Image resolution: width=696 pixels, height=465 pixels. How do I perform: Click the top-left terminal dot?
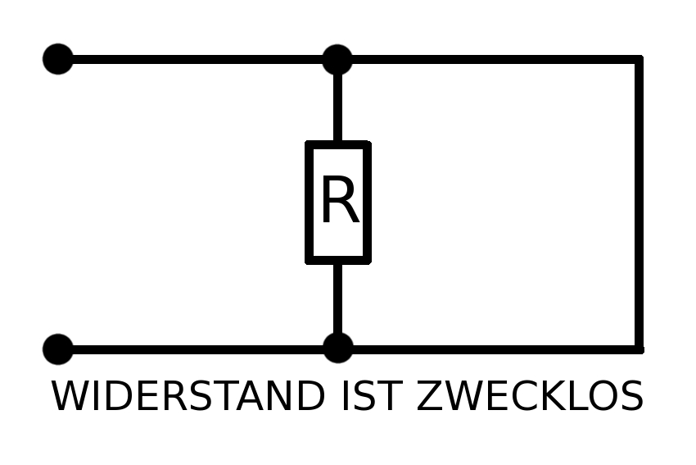[x=57, y=59]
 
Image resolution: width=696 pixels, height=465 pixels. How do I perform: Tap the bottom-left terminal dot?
[x=57, y=349]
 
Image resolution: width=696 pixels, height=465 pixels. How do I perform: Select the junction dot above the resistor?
[x=337, y=59]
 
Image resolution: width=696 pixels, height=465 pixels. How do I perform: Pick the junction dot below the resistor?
[x=337, y=348]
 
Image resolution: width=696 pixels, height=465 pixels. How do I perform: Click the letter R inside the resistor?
[x=338, y=202]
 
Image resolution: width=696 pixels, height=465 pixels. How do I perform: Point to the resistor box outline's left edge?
[x=309, y=203]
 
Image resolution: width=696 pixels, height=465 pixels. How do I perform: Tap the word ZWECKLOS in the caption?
[x=530, y=397]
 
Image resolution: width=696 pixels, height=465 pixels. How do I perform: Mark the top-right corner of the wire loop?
[x=639, y=59]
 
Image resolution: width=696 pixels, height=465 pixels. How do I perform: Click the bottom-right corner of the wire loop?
[x=639, y=349]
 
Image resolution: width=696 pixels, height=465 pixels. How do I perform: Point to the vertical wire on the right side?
[x=639, y=205]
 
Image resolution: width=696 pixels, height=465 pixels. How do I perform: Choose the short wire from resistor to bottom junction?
[x=337, y=299]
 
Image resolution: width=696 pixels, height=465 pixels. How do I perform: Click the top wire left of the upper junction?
[x=197, y=59]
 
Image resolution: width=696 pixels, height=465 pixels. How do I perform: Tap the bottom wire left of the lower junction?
[x=197, y=349]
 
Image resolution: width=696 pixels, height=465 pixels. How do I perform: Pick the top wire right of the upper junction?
[x=491, y=59]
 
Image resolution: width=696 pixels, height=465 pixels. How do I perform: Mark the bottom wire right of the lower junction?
[x=491, y=349]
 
